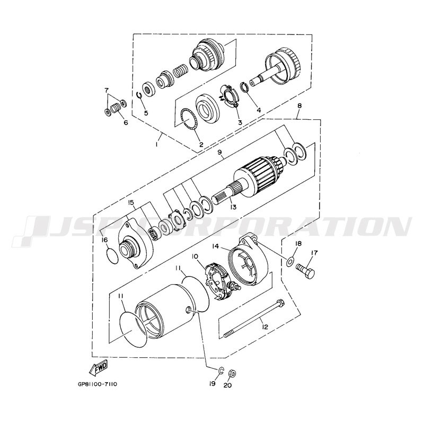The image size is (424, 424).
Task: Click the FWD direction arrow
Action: (x=99, y=367)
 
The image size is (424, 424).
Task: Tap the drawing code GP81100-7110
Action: (x=98, y=384)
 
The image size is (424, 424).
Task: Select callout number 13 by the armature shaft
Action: (x=233, y=207)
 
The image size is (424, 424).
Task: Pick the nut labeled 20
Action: (x=232, y=373)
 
